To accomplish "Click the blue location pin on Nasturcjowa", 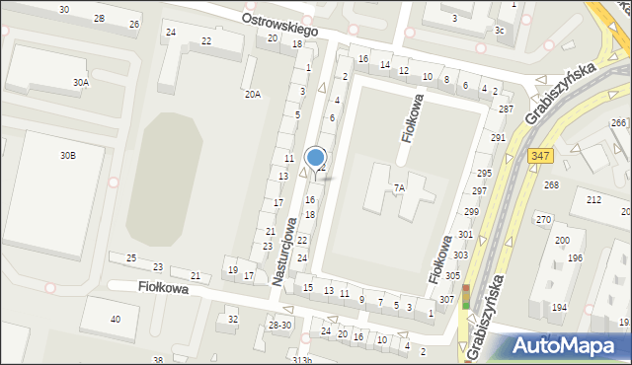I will click(x=316, y=158).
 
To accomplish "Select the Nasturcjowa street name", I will click(x=284, y=249).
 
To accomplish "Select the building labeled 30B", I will click(x=67, y=156).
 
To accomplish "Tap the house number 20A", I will click(x=253, y=94).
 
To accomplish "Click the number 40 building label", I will click(x=116, y=319).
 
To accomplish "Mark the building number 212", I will click(x=593, y=200).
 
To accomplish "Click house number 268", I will click(x=551, y=185).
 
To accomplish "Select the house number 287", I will click(x=506, y=109).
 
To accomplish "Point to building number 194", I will click(x=559, y=308).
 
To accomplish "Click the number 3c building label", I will click(x=500, y=31).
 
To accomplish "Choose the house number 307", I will click(x=446, y=299).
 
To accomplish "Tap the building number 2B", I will click(x=99, y=19).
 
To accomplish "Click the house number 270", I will click(x=542, y=219).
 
